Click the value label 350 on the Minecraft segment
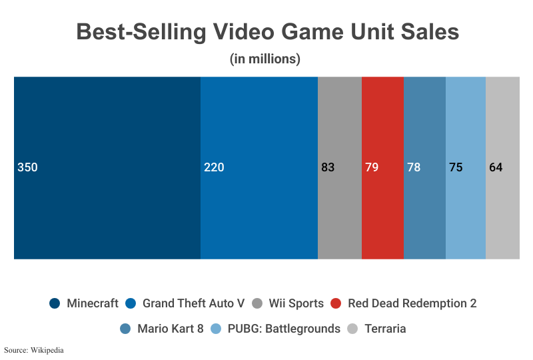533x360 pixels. click(x=27, y=167)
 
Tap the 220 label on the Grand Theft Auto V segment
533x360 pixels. click(x=214, y=167)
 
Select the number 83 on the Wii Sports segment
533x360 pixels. click(x=328, y=167)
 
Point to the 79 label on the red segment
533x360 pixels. click(x=372, y=167)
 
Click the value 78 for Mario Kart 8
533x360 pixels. click(x=414, y=167)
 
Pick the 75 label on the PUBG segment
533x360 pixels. click(x=456, y=167)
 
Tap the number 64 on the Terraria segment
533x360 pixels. click(x=496, y=167)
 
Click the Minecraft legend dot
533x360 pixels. click(x=55, y=303)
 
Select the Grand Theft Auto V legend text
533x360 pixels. click(x=193, y=303)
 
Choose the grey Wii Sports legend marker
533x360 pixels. click(x=257, y=303)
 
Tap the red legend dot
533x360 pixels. click(x=336, y=303)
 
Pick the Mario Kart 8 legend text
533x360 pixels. click(x=171, y=329)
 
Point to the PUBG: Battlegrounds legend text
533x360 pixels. click(x=284, y=329)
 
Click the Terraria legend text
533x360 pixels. click(x=385, y=329)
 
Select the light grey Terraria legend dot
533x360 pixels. click(x=352, y=329)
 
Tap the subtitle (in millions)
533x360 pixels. click(x=265, y=59)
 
